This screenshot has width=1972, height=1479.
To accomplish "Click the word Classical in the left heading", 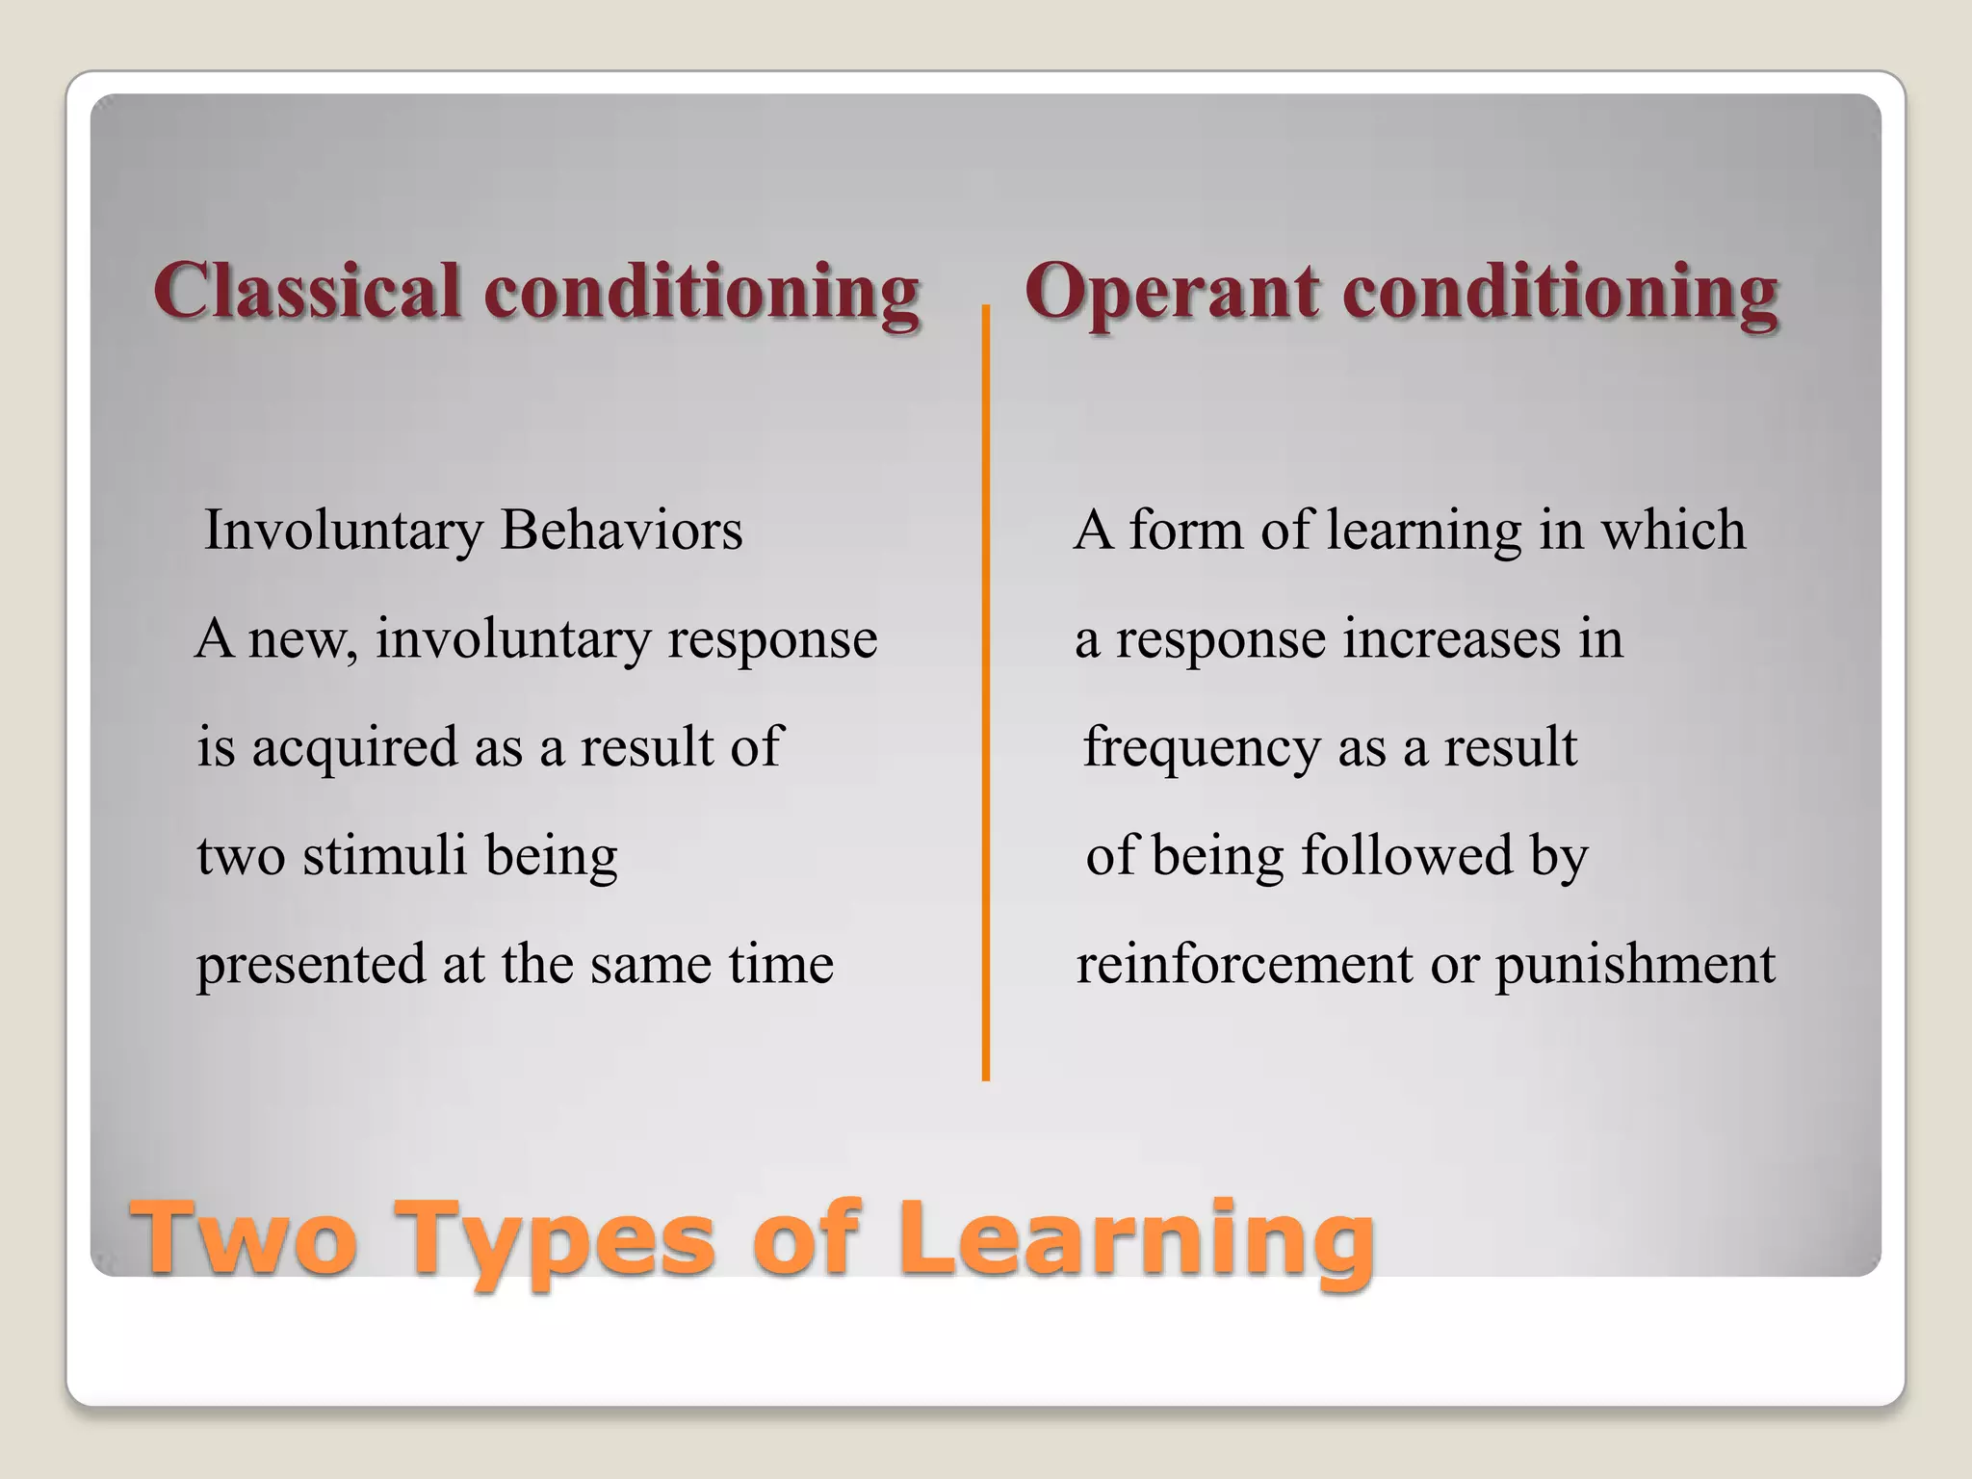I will click(x=306, y=291).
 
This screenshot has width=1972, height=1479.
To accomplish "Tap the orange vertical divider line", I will click(x=985, y=693).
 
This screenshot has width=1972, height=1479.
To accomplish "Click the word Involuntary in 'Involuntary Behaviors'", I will click(x=344, y=532).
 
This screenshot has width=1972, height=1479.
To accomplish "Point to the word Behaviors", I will click(x=621, y=531).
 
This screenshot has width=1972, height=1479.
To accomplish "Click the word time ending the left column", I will click(x=780, y=964).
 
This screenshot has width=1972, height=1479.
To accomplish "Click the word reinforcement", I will click(x=1243, y=964).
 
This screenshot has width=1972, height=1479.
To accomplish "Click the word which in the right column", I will click(x=1673, y=531).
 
